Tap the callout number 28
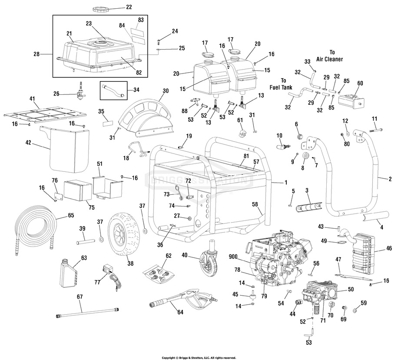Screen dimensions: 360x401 [x=36, y=54]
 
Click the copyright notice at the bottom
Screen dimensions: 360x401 [x=199, y=358]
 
